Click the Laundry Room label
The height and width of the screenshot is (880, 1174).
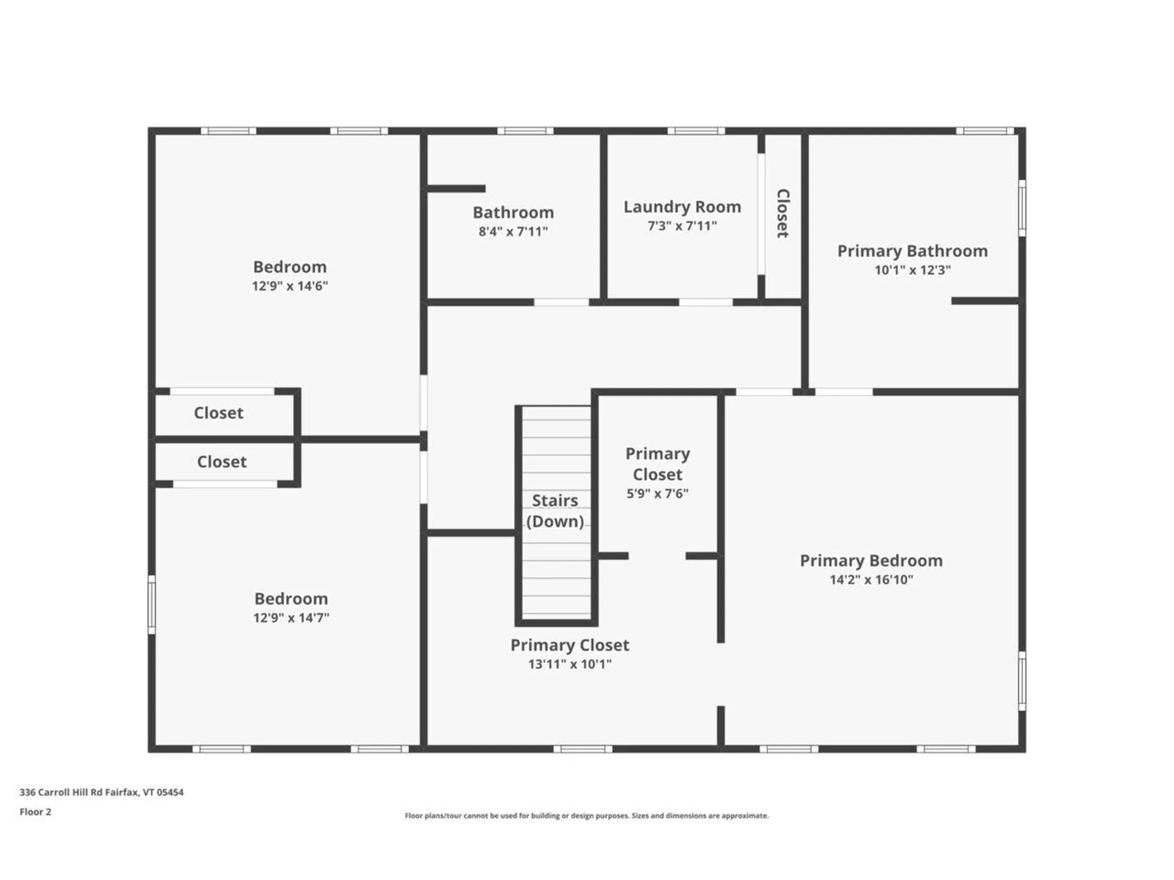coord(682,207)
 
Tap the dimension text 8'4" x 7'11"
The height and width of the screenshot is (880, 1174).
coord(513,232)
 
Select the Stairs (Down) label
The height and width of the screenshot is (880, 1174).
coord(555,511)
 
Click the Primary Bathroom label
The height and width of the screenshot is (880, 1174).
coord(912,251)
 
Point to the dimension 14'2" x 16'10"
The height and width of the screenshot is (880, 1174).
coord(871,579)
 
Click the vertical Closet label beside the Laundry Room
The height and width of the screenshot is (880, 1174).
coord(783,213)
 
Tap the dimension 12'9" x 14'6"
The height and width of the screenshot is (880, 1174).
coord(290,286)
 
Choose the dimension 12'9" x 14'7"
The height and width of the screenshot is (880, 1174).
coord(291,618)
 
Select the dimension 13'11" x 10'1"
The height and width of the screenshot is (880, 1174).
coord(569,664)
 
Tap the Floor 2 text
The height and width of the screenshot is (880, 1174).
coord(35,812)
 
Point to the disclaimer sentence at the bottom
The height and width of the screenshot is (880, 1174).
coord(586,816)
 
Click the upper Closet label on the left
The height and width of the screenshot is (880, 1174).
coord(218,413)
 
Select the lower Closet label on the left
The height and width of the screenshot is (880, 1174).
coord(221,462)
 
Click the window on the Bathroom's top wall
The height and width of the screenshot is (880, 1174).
coord(525,131)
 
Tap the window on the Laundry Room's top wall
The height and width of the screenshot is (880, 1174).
coord(696,131)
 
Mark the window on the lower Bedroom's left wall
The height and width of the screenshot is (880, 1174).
coord(152,604)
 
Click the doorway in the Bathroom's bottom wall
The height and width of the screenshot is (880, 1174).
coord(561,302)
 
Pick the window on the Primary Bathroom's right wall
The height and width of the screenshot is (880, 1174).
coord(1022,208)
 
